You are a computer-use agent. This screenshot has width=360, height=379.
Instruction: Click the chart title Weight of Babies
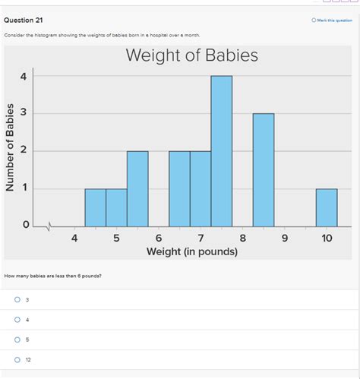(x=191, y=55)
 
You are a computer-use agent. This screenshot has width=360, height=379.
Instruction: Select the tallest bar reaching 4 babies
(x=221, y=151)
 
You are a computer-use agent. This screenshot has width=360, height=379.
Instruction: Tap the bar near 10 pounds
(x=327, y=207)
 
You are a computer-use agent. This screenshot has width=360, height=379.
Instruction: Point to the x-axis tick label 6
(x=159, y=238)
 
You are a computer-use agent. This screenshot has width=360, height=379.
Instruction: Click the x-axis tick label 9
(x=285, y=238)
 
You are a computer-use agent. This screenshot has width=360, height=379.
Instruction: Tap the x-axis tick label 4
(x=74, y=238)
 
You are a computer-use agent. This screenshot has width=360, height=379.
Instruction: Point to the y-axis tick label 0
(x=24, y=226)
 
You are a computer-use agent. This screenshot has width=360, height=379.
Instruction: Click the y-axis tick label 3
(x=24, y=113)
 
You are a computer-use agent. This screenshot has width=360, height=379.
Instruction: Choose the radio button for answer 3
(x=17, y=300)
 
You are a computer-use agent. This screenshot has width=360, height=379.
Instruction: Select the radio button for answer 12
(x=17, y=359)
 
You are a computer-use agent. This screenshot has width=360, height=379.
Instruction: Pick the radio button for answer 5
(x=17, y=340)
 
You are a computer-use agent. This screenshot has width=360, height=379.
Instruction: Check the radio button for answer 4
(x=17, y=320)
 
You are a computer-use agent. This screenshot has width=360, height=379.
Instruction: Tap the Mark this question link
(x=331, y=21)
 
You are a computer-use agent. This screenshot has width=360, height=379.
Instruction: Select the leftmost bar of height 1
(x=95, y=207)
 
